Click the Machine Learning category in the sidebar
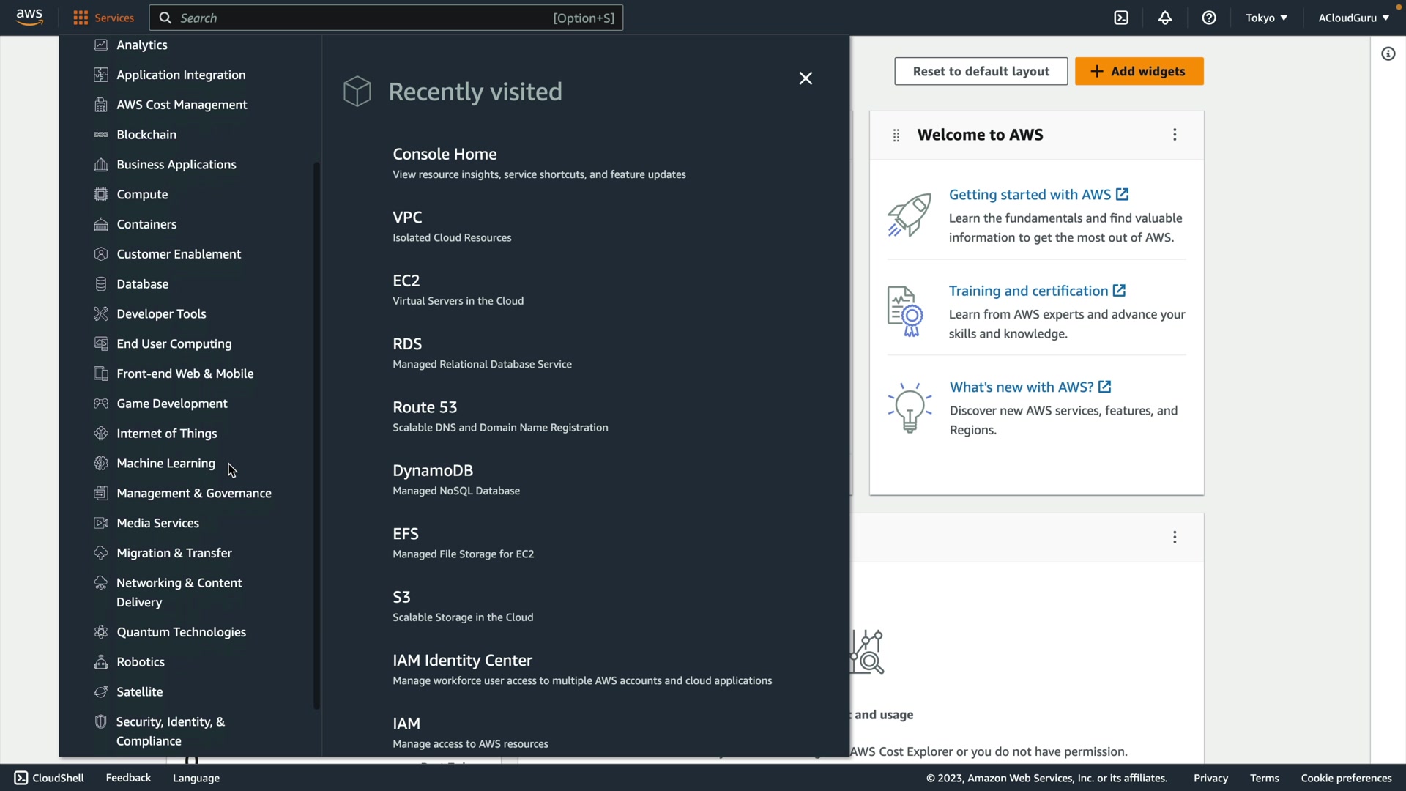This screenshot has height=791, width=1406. [165, 464]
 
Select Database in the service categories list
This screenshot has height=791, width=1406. [142, 284]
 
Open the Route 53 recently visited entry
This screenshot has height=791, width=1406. [425, 407]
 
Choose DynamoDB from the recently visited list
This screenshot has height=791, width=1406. [433, 470]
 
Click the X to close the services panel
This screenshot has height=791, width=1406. [806, 78]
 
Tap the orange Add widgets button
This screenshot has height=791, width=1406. [1139, 71]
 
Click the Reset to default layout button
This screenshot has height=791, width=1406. [981, 71]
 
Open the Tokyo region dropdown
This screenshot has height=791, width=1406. [1266, 18]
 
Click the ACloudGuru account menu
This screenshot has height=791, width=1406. [1353, 18]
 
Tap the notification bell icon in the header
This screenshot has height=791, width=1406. [1165, 18]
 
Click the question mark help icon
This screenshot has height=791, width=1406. [1209, 18]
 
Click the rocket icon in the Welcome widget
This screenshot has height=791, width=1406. [910, 215]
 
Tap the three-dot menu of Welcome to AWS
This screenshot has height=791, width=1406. [1175, 135]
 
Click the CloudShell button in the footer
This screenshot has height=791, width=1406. [49, 778]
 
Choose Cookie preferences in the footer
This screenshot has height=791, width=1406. [1346, 778]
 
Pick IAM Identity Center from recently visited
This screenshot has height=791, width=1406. [462, 661]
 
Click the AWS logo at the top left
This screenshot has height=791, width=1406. [29, 17]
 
